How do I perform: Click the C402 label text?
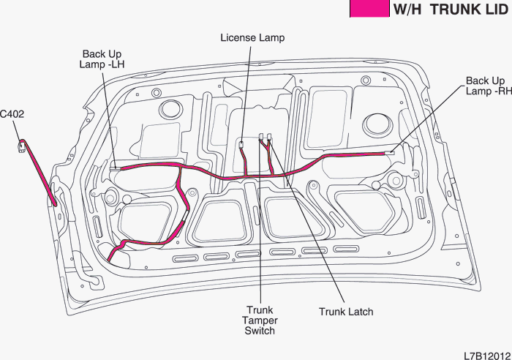[x=12, y=114]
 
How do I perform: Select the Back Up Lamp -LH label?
[x=102, y=59]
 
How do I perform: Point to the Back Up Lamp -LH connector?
[x=114, y=168]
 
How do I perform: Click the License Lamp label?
[x=252, y=37]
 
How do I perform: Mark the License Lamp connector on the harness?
[x=241, y=144]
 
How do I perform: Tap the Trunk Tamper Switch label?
[x=260, y=320]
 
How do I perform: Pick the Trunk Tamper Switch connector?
[x=261, y=136]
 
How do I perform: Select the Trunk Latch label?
[x=346, y=312]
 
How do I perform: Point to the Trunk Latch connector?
[x=270, y=136]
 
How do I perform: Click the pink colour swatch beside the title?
[x=368, y=9]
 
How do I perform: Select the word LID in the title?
[x=495, y=10]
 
